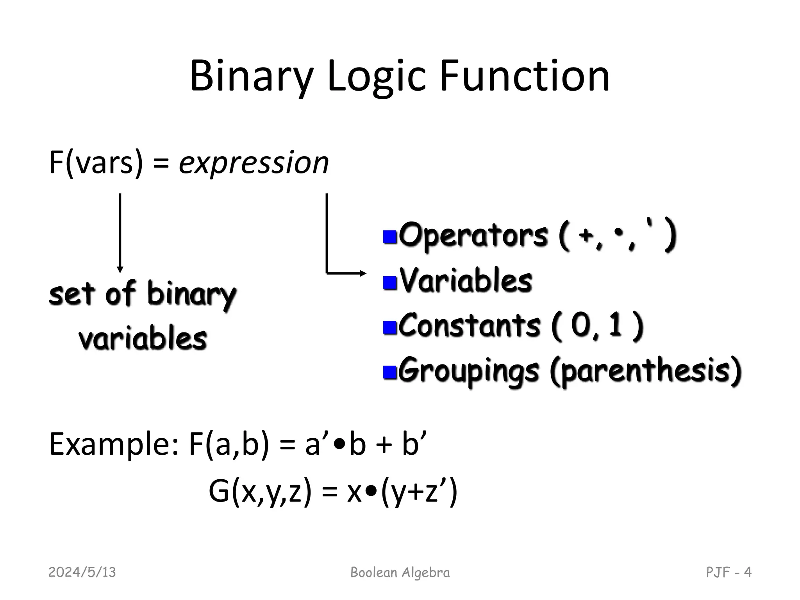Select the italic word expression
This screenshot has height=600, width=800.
click(254, 163)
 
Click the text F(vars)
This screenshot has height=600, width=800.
click(96, 163)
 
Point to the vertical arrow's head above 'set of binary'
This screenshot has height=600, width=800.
click(120, 269)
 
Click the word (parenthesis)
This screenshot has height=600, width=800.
click(645, 371)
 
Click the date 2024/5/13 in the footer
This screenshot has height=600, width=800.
click(82, 573)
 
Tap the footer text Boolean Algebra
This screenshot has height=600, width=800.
click(400, 573)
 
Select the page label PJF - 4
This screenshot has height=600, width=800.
click(729, 573)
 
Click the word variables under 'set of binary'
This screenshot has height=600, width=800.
click(143, 339)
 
